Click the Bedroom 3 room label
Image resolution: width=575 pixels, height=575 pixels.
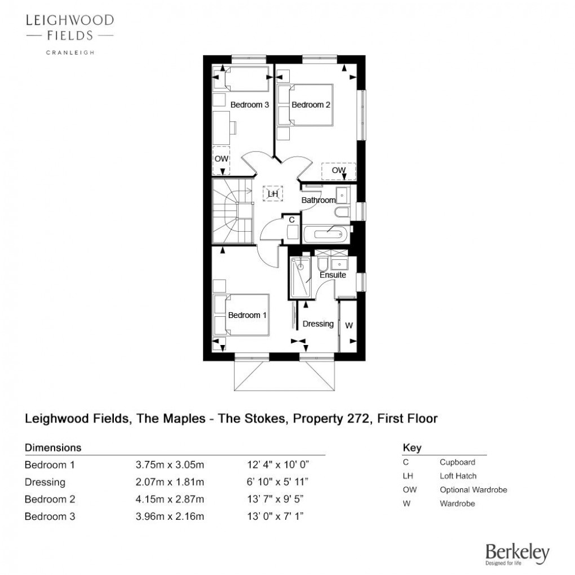click(249, 105)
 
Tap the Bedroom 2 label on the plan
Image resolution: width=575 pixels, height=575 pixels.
click(311, 105)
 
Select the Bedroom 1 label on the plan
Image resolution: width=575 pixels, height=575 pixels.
click(247, 315)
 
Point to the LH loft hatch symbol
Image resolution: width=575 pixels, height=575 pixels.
click(273, 193)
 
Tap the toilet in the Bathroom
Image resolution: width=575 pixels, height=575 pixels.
click(343, 213)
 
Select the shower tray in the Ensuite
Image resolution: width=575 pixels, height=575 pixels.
click(300, 277)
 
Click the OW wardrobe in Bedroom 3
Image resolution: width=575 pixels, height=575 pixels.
click(221, 160)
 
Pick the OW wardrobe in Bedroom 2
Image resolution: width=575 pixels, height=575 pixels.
click(338, 171)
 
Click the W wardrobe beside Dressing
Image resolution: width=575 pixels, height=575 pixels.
click(348, 326)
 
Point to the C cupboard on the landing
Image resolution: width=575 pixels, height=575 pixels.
click(292, 228)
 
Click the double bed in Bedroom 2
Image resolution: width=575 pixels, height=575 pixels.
click(305, 105)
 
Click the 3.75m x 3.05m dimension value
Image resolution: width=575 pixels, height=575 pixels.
click(170, 465)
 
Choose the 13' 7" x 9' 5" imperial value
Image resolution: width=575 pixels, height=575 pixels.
click(275, 499)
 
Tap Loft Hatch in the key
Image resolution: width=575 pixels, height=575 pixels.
click(458, 476)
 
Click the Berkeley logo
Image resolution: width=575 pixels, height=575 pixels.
click(517, 554)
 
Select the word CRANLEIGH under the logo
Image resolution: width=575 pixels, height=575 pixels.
click(70, 53)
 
